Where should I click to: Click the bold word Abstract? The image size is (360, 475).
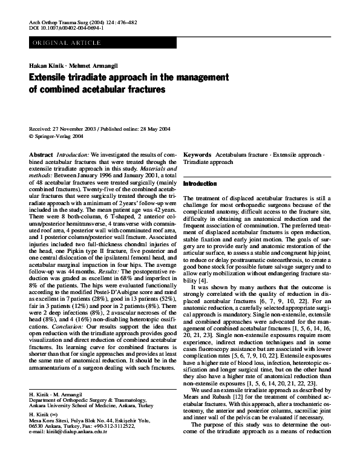coord(41,155)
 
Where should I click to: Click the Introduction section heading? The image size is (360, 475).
coord(199,183)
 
